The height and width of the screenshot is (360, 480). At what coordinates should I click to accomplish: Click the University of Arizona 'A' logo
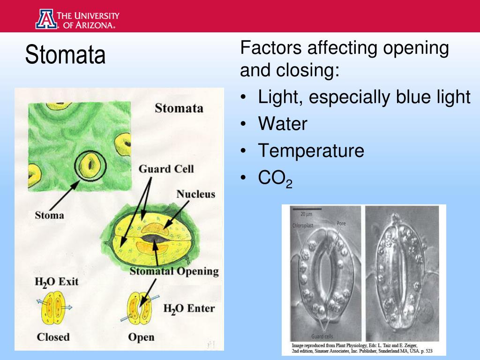tap(45, 19)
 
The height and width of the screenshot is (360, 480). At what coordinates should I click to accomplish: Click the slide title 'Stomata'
tap(65, 55)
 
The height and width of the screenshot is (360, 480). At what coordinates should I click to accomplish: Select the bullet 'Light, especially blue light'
tap(364, 97)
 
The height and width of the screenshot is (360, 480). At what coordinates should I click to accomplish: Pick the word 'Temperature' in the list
tap(311, 151)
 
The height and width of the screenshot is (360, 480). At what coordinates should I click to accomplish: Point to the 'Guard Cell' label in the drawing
tap(166, 169)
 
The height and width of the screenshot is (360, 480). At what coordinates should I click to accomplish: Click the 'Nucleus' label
tap(195, 194)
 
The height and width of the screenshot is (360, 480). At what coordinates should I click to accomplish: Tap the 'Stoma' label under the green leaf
tap(49, 216)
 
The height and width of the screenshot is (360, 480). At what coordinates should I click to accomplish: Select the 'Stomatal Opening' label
tap(174, 271)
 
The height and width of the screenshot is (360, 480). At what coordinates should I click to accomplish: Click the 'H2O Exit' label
tap(57, 282)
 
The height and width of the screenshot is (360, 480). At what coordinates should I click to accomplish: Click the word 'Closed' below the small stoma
tap(53, 337)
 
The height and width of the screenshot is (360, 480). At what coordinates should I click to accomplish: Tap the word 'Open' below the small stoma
tap(141, 337)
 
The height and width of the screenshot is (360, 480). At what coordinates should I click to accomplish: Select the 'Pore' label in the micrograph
tap(341, 224)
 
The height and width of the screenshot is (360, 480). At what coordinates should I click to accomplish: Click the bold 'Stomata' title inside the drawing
tap(179, 108)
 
